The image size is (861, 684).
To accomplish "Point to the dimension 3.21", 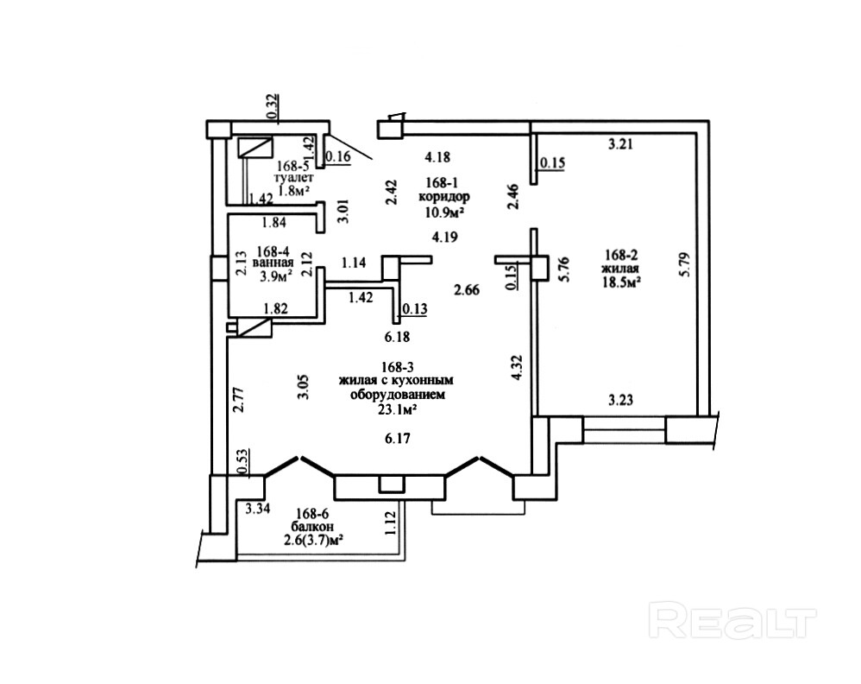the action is pos(621,145).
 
